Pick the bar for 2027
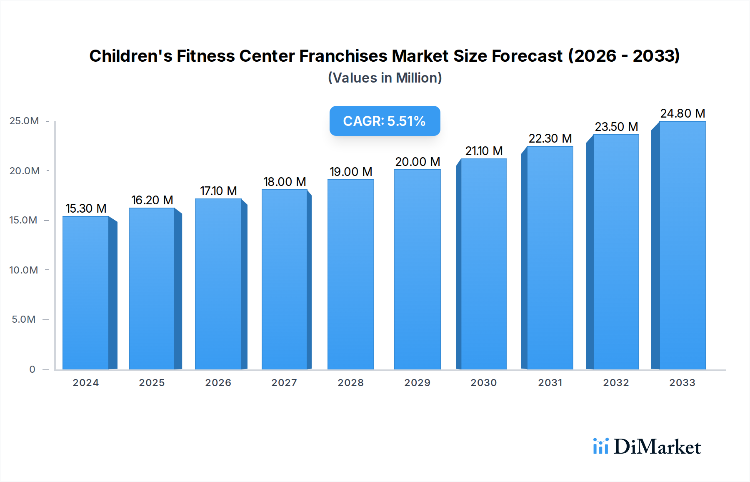[285, 279]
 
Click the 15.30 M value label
[86, 208]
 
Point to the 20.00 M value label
[417, 161]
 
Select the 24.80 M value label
[682, 113]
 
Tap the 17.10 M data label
[218, 191]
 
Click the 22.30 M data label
[550, 138]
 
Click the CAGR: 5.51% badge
[385, 121]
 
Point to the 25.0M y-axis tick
[24, 121]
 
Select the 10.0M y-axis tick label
[24, 270]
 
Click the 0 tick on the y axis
[32, 369]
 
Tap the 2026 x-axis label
[218, 382]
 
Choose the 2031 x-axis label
[550, 382]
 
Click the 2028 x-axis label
[350, 382]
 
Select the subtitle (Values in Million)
[385, 78]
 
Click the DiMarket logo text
[657, 447]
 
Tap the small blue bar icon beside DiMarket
[600, 446]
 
